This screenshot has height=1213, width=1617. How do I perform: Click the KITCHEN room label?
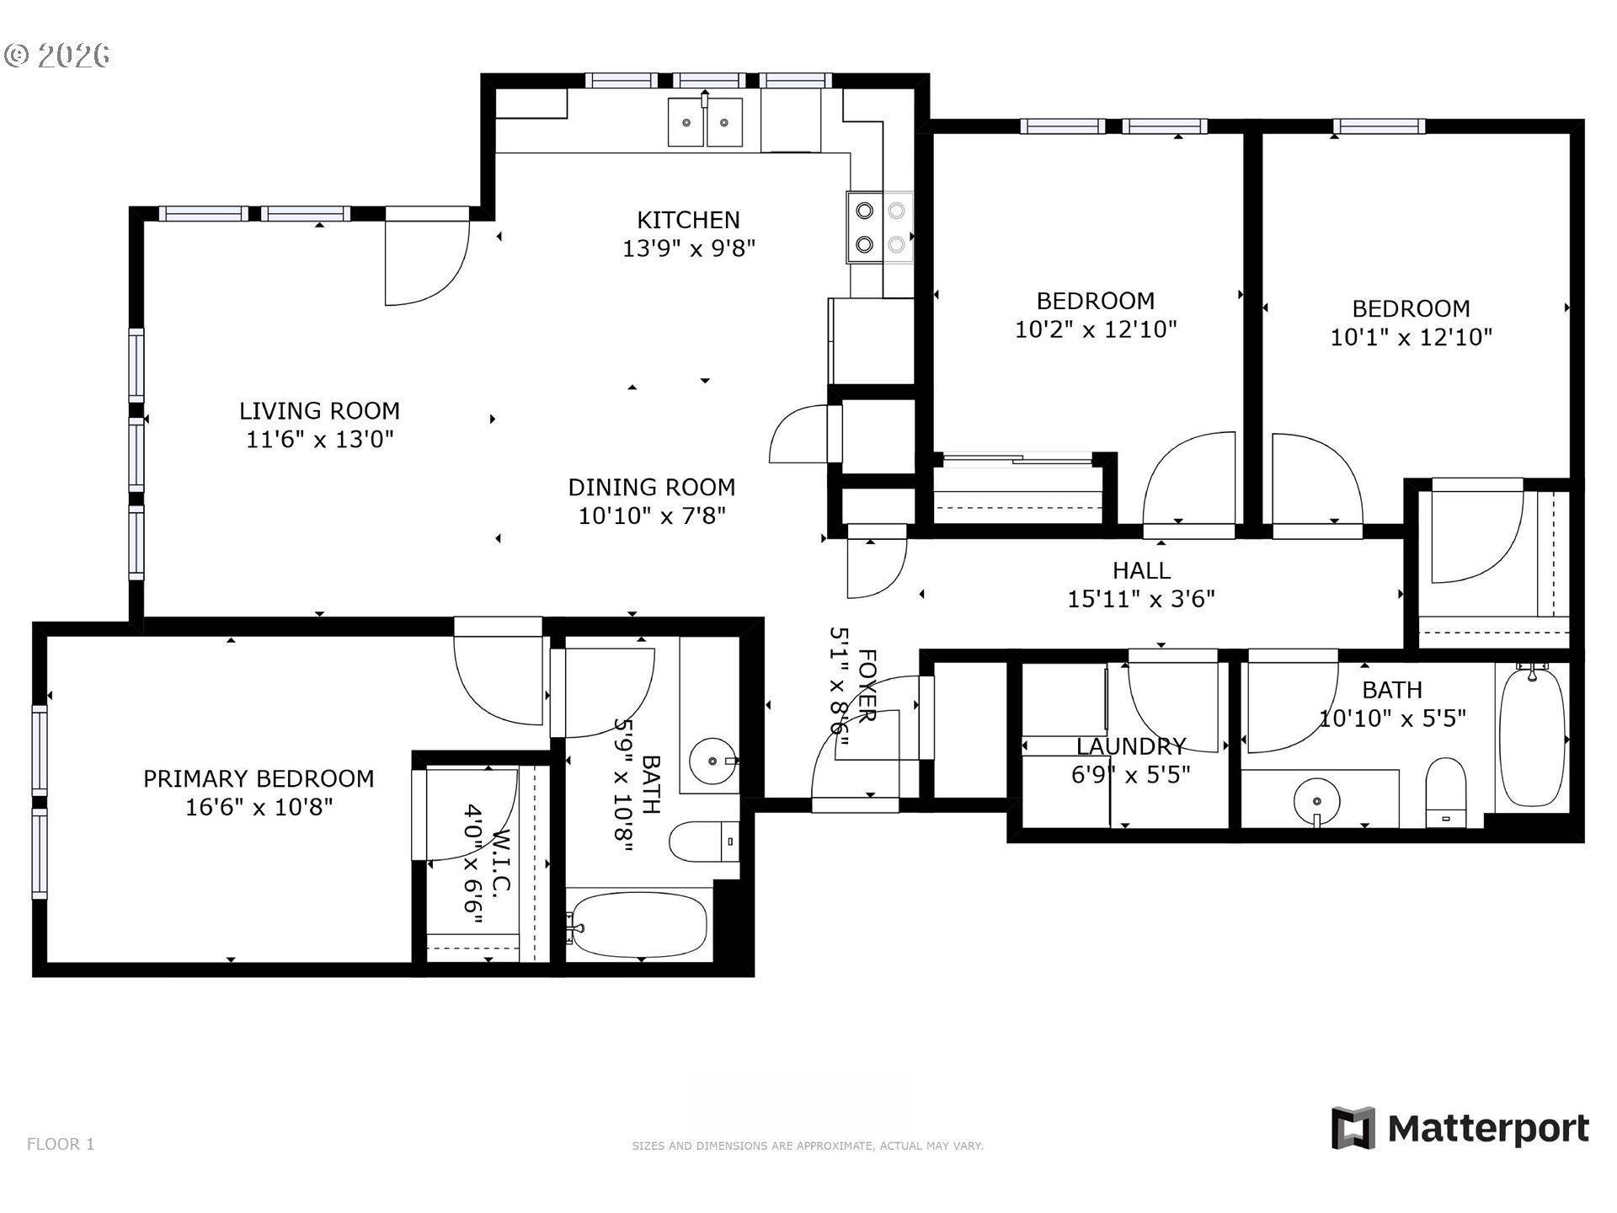688,220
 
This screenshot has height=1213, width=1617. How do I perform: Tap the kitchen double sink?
706,122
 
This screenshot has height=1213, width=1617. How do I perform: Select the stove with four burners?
880,227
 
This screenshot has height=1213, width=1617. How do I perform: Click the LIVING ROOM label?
319,411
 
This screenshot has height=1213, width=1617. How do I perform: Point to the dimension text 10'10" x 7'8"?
651,516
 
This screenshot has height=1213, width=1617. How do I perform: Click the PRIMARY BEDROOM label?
259,778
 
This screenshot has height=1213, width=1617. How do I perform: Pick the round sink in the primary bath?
712,761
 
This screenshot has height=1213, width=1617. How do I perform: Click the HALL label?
1141,570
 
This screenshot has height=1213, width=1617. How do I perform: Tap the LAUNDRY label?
1130,746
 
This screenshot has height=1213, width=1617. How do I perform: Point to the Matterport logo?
1460,1128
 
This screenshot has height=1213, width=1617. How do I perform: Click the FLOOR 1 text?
61,1144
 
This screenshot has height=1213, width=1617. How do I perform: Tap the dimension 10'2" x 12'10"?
1095,329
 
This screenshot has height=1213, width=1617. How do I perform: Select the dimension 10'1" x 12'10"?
1411,337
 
